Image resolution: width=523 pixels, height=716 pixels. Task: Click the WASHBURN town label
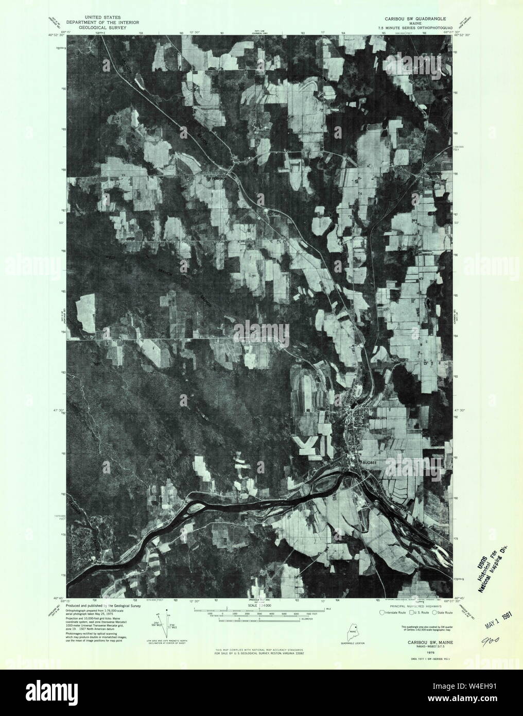pyautogui.click(x=376, y=418)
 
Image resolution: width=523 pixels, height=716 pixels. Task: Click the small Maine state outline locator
pyautogui.click(x=353, y=629)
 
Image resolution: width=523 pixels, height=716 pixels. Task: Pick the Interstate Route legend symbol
pyautogui.click(x=381, y=612)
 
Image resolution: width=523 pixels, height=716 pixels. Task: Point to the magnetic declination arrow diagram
pyautogui.click(x=163, y=619)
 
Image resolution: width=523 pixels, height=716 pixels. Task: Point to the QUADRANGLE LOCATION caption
pyautogui.click(x=353, y=643)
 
